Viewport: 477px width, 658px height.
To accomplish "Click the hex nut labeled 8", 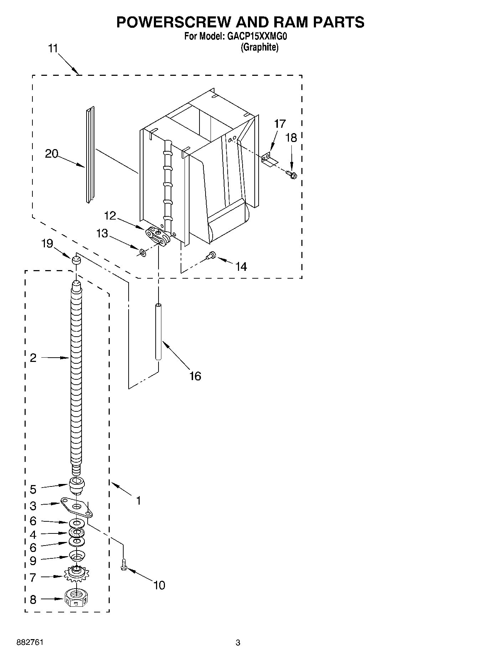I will pos(76,599).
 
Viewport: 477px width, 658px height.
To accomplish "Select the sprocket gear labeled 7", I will pos(76,574).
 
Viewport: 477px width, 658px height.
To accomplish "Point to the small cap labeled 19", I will pos(76,260).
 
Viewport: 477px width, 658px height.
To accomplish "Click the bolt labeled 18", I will pos(291,174).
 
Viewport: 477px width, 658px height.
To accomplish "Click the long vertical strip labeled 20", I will pos(90,155).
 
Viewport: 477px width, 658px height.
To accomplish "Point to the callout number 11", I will pos(53,48).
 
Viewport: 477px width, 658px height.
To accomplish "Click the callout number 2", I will pos(33,358).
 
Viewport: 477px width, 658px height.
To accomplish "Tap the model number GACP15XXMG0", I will pos(256,36).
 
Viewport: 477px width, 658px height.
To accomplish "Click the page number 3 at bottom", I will pos(238,643).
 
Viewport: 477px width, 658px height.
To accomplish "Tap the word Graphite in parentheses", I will pos(259,47).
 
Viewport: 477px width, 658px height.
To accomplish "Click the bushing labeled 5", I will pos(76,485).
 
